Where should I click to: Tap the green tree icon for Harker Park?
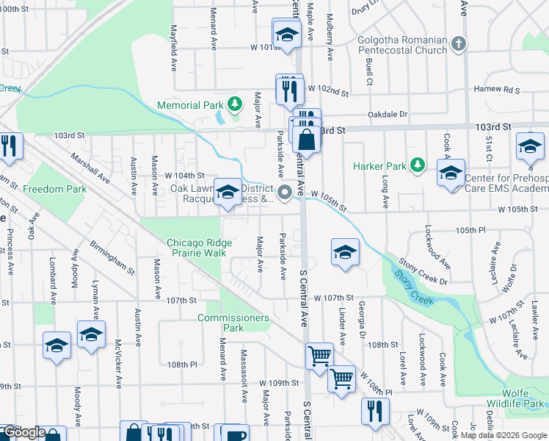tap(418, 164)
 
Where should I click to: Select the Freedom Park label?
tap(54, 189)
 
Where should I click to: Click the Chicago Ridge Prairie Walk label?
tap(199, 248)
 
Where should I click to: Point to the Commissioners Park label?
tap(233, 323)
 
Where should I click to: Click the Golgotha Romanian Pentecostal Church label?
tap(402, 45)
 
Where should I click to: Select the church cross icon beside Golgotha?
tap(459, 43)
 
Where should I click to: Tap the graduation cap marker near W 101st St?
tap(287, 33)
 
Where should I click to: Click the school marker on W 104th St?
tap(228, 193)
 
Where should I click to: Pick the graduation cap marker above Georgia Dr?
tap(344, 253)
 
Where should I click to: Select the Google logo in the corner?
tap(23, 433)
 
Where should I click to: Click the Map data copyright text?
tap(502, 435)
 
